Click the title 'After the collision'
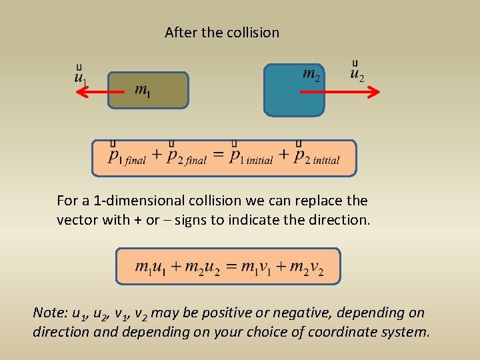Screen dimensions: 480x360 (222, 32)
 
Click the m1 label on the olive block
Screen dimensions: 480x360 (142, 89)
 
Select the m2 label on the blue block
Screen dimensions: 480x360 (311, 73)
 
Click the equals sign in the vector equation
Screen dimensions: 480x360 (218, 157)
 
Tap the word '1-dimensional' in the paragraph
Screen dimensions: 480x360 (130, 200)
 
